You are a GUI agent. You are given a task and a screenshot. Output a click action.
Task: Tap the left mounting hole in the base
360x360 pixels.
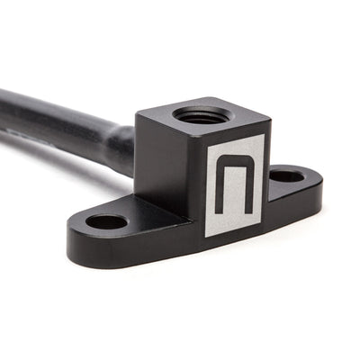click(x=106, y=220)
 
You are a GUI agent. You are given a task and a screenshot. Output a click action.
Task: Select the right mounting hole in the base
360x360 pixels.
click(x=287, y=175)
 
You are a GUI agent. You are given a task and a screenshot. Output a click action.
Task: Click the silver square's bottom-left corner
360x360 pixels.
click(x=205, y=237)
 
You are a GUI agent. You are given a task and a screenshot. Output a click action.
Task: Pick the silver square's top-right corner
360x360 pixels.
click(x=265, y=135)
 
